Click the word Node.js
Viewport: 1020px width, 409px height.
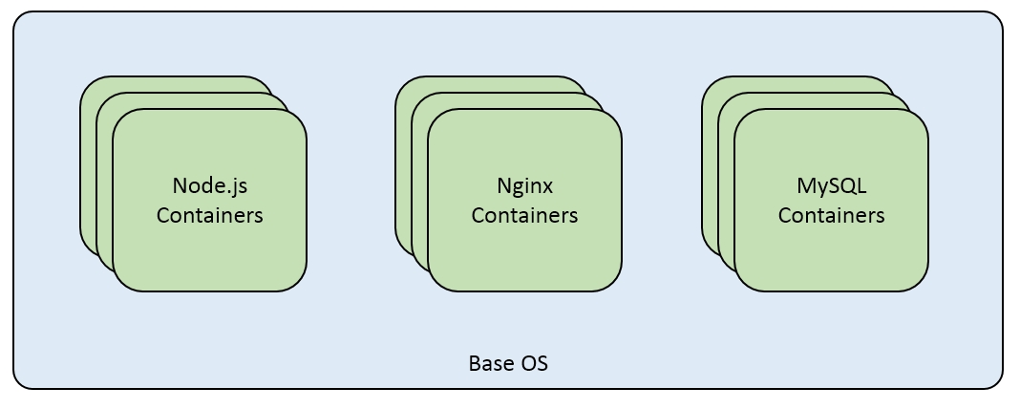(x=209, y=185)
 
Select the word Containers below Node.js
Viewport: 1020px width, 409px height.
(x=209, y=216)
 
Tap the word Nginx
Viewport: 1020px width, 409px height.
(x=524, y=185)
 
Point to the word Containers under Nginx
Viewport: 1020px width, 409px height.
(x=524, y=216)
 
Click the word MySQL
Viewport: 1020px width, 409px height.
(x=831, y=185)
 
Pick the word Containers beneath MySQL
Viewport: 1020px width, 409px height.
(x=831, y=216)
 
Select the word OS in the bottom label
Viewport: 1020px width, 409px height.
(x=534, y=364)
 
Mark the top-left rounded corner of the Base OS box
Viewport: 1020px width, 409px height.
(x=19, y=18)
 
